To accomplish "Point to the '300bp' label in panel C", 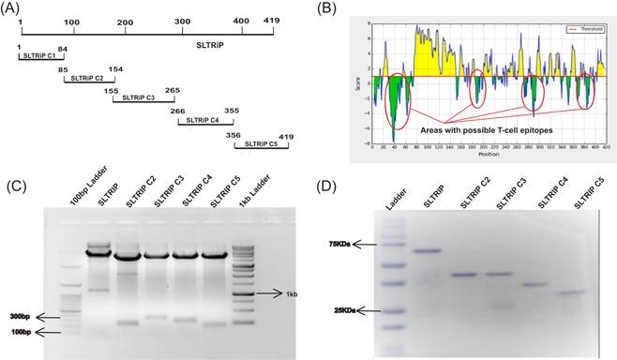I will click(x=20, y=316).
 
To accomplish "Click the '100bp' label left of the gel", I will click(x=20, y=332).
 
